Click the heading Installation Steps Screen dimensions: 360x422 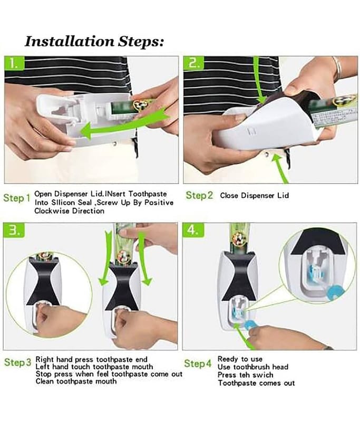point(94,42)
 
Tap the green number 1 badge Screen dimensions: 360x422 point(14,63)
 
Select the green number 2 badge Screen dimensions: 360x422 point(194,63)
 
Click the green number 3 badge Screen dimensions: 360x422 point(14,230)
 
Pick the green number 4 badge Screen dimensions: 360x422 point(193,230)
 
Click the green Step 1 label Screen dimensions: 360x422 point(17,198)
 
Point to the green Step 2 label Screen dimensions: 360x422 point(199,195)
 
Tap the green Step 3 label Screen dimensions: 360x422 point(18,362)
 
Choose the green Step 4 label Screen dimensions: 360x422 point(198,363)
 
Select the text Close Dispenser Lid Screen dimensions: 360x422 point(255,195)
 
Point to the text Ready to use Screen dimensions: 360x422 point(240,359)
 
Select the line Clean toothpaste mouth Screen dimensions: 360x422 point(76,381)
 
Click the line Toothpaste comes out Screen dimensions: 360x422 point(257,383)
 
